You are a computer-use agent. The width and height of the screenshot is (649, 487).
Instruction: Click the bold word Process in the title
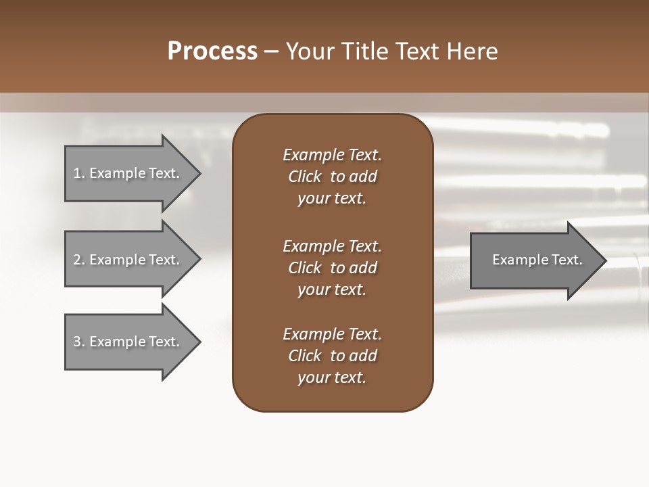(212, 51)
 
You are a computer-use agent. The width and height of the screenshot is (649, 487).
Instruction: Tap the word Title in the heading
(365, 51)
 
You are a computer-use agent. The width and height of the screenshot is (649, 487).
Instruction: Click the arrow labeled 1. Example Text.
(127, 173)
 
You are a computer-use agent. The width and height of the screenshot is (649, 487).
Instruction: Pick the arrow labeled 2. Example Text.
(127, 260)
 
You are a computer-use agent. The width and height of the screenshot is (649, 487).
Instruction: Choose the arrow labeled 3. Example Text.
(127, 342)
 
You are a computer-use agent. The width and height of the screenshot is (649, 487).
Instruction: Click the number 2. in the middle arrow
(79, 260)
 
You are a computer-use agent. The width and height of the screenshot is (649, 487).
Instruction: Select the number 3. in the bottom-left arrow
(79, 342)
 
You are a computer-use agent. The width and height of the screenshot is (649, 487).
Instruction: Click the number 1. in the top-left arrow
(78, 173)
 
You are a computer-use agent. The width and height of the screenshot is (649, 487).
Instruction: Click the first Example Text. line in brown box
(332, 155)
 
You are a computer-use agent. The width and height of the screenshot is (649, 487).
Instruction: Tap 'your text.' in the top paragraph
(332, 198)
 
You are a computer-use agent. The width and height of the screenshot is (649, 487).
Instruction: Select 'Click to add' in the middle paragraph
(332, 268)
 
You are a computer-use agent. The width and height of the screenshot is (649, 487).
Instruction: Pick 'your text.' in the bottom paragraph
(332, 377)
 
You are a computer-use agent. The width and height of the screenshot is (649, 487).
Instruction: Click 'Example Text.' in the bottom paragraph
(332, 334)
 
